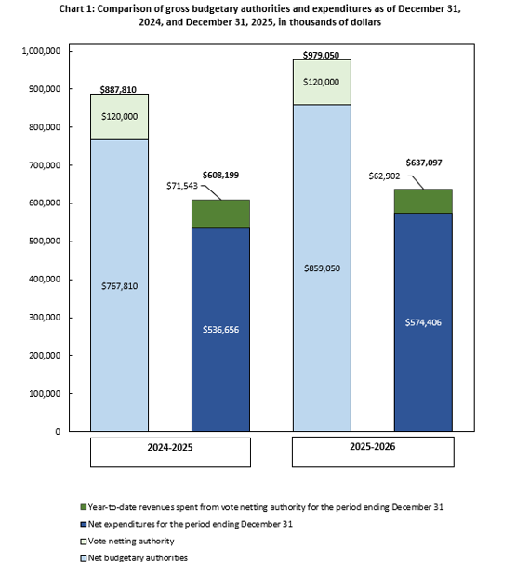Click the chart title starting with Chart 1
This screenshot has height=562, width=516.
pos(258,16)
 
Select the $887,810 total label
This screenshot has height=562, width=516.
pos(118,89)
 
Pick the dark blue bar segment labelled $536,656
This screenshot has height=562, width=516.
pos(220,330)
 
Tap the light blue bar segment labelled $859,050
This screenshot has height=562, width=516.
pos(322,268)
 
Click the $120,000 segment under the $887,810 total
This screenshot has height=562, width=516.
pos(118,117)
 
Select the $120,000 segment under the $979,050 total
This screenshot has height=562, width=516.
pos(322,83)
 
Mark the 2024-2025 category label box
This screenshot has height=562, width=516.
pos(170,452)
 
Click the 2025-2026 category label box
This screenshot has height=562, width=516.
pos(373,452)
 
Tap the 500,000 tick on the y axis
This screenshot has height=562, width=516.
pos(42,242)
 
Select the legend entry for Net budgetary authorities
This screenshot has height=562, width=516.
pos(136,555)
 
